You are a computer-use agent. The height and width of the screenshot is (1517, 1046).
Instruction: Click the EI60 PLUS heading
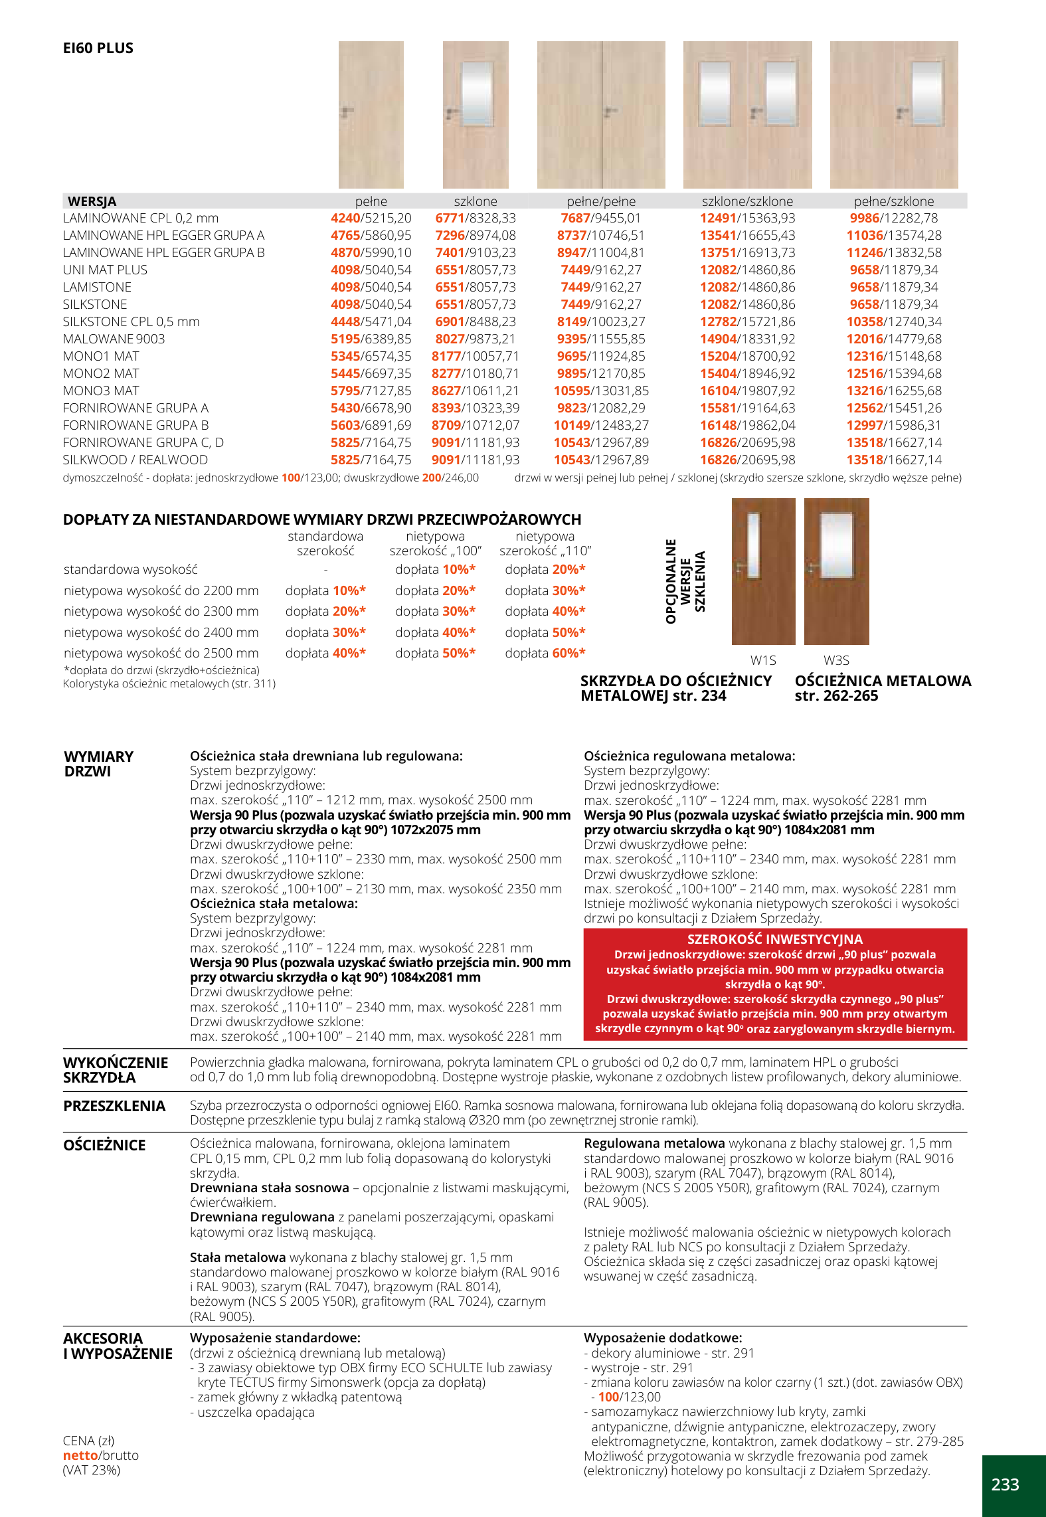click(98, 48)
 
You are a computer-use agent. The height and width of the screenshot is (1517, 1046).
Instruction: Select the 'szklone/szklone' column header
click(747, 201)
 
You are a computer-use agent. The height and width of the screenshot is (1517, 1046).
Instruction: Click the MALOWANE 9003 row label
click(114, 339)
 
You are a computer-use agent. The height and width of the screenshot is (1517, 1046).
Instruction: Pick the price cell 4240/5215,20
click(371, 218)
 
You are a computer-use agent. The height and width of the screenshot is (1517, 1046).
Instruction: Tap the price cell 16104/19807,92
click(747, 391)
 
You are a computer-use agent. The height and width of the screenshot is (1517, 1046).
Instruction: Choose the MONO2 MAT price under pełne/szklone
click(893, 373)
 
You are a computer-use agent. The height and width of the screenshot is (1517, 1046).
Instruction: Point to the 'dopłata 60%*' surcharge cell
click(545, 653)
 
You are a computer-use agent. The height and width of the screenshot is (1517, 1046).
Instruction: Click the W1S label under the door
click(763, 660)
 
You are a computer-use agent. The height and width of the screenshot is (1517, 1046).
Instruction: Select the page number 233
click(1005, 1484)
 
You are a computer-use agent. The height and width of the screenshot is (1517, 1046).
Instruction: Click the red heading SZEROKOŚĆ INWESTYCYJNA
click(774, 939)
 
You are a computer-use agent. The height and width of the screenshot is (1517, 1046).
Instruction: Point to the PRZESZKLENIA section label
click(114, 1106)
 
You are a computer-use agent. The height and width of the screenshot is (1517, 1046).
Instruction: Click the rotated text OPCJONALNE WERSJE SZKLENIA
click(685, 581)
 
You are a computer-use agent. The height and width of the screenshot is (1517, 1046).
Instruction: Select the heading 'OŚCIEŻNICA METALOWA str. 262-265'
click(883, 688)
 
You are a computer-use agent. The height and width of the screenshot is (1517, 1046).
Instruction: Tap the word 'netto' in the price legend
click(80, 1455)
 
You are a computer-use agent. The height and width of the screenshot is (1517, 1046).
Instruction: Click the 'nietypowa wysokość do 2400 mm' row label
click(161, 632)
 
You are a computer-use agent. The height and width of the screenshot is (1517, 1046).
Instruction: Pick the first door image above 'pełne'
click(371, 114)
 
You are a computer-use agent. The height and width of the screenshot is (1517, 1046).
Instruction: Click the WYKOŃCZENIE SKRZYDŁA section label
click(116, 1070)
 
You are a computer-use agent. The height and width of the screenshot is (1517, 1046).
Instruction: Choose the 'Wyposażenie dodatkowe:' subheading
click(662, 1338)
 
